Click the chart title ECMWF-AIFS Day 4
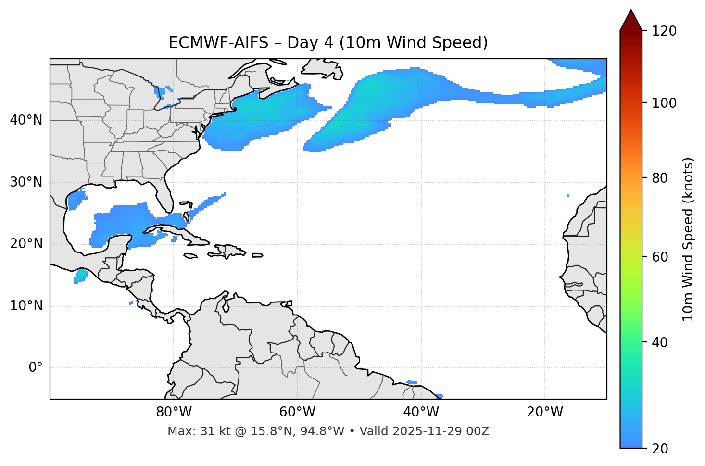tap(328, 43)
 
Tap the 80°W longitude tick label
tap(174, 412)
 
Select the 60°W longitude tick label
tap(297, 412)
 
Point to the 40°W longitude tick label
tap(421, 412)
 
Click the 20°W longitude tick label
tap(544, 412)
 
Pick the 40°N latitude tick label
tap(26, 120)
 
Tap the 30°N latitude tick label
tap(26, 182)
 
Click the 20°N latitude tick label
tap(26, 244)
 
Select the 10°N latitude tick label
tap(26, 306)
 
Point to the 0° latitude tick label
tap(36, 368)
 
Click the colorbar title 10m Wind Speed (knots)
tap(688, 239)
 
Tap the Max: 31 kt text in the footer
tap(189, 431)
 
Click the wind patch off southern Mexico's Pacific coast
tap(81, 276)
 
